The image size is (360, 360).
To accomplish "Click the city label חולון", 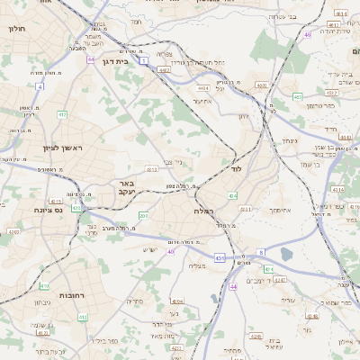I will click(16, 29).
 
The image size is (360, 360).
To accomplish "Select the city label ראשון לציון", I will click(61, 148).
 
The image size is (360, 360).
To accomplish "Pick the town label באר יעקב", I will click(125, 187).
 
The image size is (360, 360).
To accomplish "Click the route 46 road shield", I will click(307, 34).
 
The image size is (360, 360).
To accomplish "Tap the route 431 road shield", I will click(219, 258).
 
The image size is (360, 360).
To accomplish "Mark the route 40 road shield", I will click(170, 251).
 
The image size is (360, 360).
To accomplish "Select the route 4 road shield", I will click(40, 86).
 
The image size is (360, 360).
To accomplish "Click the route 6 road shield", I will click(260, 252).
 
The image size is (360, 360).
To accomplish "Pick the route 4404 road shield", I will click(204, 88).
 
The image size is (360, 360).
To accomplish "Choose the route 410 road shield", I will click(83, 317).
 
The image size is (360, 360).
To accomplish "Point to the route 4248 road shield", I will click(14, 231).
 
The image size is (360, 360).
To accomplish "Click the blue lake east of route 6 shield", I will click(285, 255).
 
